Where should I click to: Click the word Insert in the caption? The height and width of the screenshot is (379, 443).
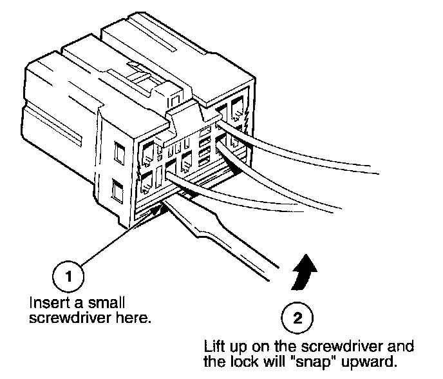pos(44,302)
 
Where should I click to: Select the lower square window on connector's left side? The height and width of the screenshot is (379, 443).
pos(117,191)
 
